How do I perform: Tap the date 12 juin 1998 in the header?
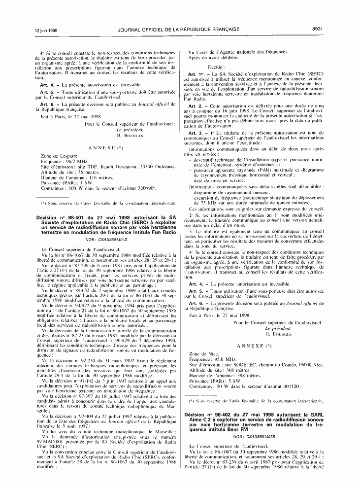[46, 30]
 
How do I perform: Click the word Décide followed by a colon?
[217, 66]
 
